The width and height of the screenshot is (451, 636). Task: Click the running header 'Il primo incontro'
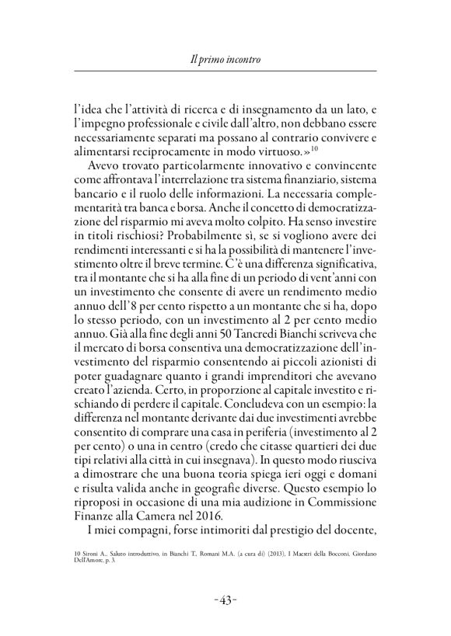225,59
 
